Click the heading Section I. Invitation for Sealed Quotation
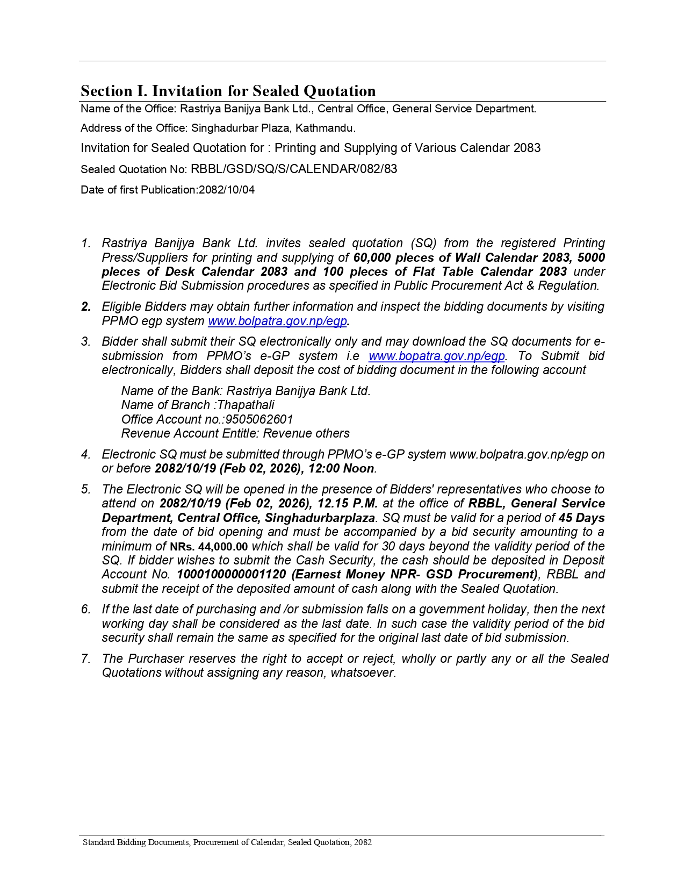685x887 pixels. coord(228,91)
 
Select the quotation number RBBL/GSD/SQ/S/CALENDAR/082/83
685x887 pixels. coord(294,169)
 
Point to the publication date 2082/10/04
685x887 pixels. coord(227,190)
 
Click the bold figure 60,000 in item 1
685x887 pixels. coord(372,257)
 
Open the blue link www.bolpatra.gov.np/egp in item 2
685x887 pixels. coord(277,321)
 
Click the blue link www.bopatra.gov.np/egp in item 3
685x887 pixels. coord(436,356)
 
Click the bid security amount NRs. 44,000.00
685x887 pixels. coord(209,547)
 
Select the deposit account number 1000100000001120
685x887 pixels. coord(232,574)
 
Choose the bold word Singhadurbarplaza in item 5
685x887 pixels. coord(320,518)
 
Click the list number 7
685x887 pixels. coord(85,659)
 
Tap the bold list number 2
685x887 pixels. coord(86,306)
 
